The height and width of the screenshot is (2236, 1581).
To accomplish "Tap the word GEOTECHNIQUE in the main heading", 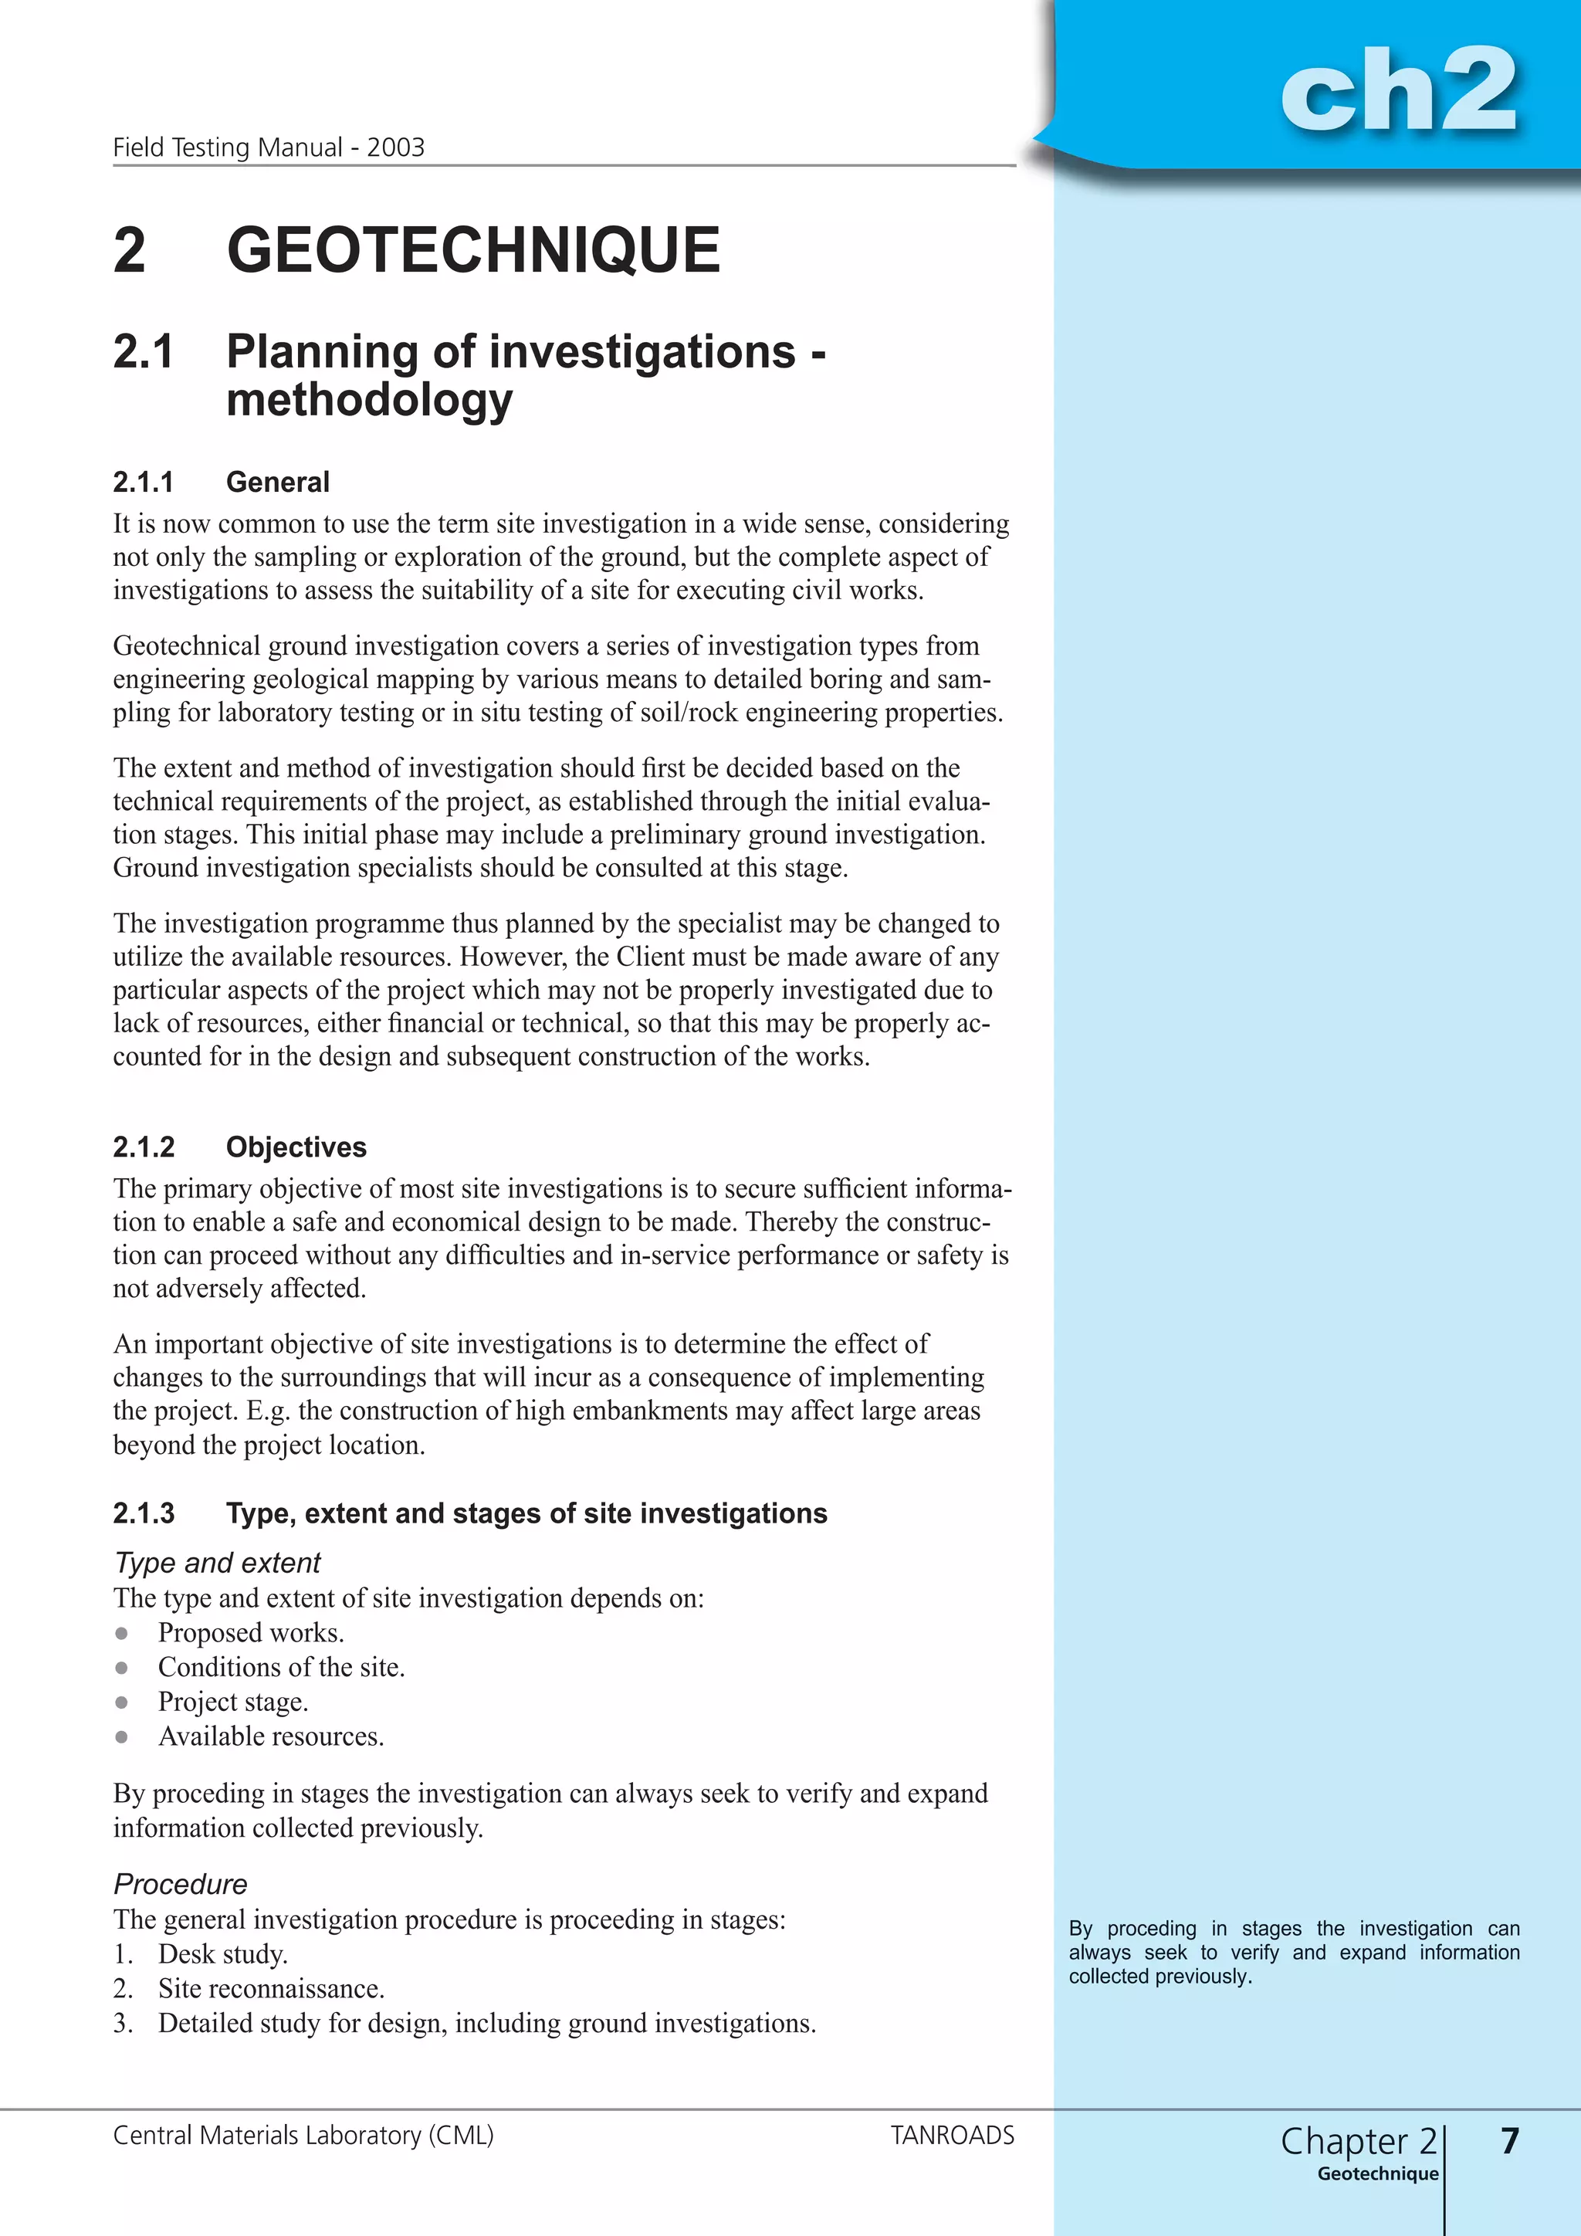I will click(x=473, y=250).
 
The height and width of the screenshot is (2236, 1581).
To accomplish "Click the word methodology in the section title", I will click(x=369, y=399).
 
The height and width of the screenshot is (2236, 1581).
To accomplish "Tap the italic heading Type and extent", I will click(x=217, y=1563).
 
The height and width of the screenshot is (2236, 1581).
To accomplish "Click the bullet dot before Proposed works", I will click(x=122, y=1633).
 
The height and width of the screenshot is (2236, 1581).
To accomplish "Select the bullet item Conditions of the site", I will click(x=281, y=1667).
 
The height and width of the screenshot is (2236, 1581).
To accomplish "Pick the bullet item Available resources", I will click(x=271, y=1736).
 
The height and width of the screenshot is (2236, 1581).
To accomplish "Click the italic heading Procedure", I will click(x=181, y=1885).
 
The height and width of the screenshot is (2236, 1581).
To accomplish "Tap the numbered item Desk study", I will click(x=223, y=1953).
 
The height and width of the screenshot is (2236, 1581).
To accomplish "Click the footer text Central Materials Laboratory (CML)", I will click(x=303, y=2136).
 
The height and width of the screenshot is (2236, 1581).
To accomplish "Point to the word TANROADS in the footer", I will click(x=952, y=2136).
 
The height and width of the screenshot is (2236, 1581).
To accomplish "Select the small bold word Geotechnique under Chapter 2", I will click(x=1377, y=2173).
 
